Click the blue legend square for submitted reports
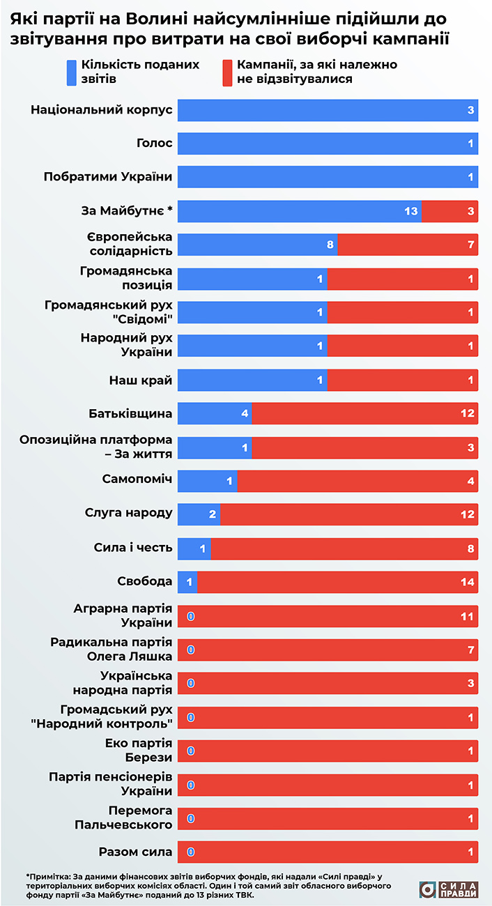[x=71, y=72]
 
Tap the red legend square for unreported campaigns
[x=227, y=72]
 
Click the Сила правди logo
[x=449, y=889]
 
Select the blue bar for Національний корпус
[x=328, y=110]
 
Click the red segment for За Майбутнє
[x=449, y=210]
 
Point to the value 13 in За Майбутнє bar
[x=410, y=211]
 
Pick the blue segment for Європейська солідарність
[x=257, y=245]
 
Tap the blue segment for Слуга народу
[x=199, y=514]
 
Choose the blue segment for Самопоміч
[x=207, y=480]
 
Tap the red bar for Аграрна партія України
[x=328, y=615]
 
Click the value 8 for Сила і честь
[x=471, y=548]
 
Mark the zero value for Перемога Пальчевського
[x=190, y=817]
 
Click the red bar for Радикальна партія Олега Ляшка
[x=328, y=649]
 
